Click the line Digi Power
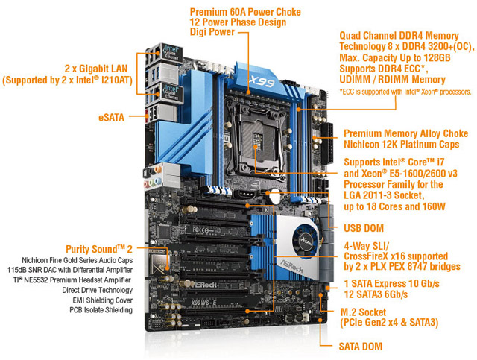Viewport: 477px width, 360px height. pos(216,33)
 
